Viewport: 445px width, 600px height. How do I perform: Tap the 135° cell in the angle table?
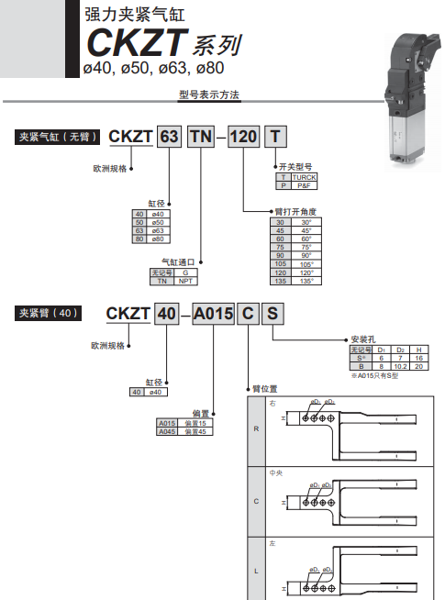306,281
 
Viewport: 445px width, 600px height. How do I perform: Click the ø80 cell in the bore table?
157,239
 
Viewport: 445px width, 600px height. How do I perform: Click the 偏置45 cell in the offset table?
193,431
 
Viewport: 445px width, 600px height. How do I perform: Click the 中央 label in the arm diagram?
273,473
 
